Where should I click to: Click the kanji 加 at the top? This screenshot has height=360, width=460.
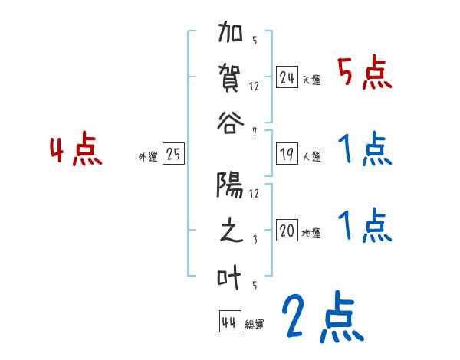231,34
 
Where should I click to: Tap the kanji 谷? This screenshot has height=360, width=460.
231,121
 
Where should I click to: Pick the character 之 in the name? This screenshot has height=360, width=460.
231,231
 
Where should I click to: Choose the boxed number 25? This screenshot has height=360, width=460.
174,155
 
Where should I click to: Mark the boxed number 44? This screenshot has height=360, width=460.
229,322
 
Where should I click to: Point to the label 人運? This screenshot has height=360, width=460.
311,156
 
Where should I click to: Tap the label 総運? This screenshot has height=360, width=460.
255,325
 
